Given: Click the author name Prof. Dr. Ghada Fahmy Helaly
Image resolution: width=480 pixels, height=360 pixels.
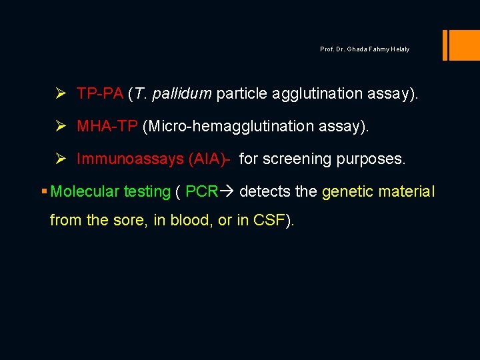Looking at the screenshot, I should [x=365, y=49].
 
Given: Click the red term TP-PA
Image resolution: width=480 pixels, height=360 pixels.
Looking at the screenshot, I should [x=100, y=94].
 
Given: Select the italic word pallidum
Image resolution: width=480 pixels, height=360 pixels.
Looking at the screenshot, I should [x=182, y=94].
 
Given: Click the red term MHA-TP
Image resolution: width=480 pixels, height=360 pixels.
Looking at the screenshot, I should [x=107, y=127].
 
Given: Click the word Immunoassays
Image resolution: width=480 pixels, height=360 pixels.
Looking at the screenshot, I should [x=130, y=159].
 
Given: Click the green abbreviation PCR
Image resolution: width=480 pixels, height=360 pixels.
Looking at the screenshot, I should [x=201, y=192].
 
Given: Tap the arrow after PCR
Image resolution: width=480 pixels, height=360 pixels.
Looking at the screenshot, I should [x=227, y=192].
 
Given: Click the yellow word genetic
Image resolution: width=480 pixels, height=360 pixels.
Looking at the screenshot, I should [x=347, y=192].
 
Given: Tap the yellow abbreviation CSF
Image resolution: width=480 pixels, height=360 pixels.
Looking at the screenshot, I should [x=269, y=220].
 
